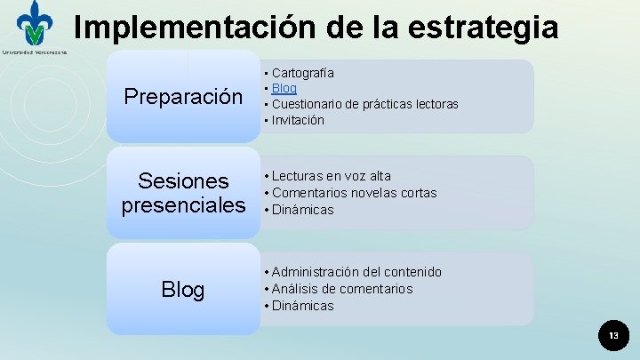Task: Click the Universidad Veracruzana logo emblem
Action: (x=35, y=24)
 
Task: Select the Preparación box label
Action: (x=183, y=96)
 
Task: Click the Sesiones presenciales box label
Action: (x=183, y=194)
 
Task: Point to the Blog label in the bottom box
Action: (x=183, y=290)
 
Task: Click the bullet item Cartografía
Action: (x=303, y=72)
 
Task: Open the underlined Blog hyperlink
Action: (x=284, y=88)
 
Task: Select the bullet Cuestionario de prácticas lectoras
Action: (x=365, y=104)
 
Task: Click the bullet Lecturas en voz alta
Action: (x=332, y=176)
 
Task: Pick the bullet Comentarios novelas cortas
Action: (x=355, y=193)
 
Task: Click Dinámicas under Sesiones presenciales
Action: (x=303, y=210)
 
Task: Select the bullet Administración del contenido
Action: (x=356, y=272)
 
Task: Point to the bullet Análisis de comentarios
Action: (x=342, y=289)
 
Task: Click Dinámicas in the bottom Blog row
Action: (x=303, y=306)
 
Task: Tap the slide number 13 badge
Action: (x=612, y=335)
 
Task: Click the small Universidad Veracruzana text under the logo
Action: (x=34, y=52)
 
